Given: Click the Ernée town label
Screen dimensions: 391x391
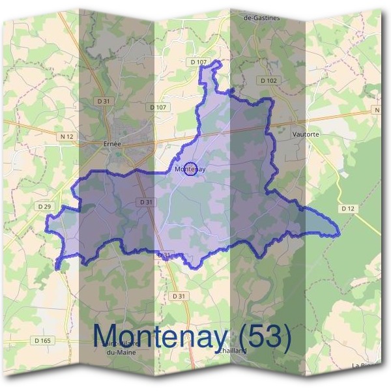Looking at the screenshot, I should (x=112, y=144).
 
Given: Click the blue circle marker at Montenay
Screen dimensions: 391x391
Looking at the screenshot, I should (x=190, y=169).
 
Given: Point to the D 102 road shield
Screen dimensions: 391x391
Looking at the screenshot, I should (x=268, y=80).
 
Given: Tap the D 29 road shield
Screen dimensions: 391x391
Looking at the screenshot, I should (x=44, y=207).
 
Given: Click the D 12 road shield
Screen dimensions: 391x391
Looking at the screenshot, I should (x=347, y=208).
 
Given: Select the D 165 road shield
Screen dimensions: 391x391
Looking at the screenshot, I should (x=42, y=340).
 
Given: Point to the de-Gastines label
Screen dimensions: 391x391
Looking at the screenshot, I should (x=261, y=18).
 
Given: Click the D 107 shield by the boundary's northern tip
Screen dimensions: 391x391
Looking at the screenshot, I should (x=199, y=62).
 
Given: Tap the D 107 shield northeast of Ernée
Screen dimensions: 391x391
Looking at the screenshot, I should (x=158, y=107).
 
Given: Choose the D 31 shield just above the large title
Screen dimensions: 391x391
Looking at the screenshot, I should (x=178, y=297).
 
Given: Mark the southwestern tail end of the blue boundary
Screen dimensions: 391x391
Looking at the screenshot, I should (x=58, y=267).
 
